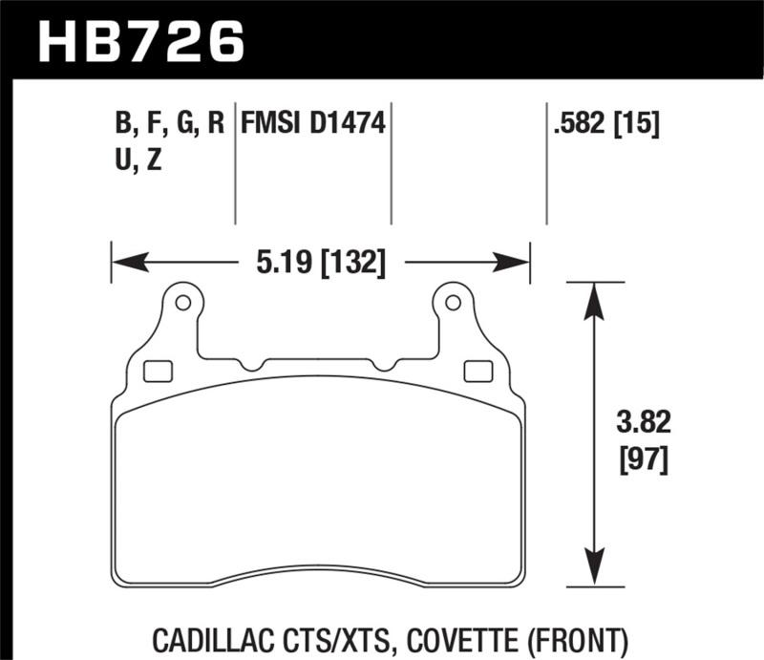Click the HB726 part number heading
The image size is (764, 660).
[141, 39]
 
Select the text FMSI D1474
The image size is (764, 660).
[313, 123]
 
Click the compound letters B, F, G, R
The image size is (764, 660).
[169, 123]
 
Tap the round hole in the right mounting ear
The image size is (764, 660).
[455, 303]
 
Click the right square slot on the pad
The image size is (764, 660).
[473, 370]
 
